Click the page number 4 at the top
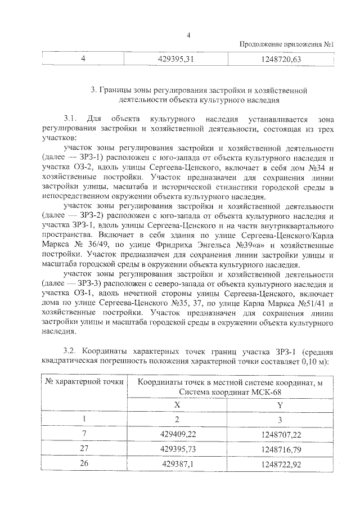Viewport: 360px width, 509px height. point(189,35)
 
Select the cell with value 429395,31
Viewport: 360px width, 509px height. point(177,60)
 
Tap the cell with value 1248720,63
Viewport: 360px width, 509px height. point(282,60)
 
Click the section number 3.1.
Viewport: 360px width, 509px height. point(70,119)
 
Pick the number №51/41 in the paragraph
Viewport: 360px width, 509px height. point(304,304)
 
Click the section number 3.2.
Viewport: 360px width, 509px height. point(70,349)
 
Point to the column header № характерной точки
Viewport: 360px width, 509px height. point(84,382)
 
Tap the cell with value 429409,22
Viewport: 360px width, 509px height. point(177,434)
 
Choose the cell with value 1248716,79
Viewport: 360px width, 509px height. point(281,450)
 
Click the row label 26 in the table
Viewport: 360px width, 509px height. point(84,466)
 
